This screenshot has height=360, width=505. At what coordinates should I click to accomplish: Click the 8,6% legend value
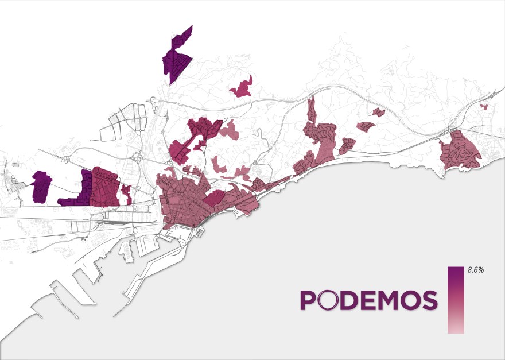(x=476, y=269)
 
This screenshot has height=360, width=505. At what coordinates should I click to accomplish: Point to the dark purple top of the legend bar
(x=456, y=273)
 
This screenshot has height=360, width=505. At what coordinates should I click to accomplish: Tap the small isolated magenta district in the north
(x=242, y=88)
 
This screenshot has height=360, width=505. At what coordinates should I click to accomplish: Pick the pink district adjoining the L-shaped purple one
(x=104, y=187)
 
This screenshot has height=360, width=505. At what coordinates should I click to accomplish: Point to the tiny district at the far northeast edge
(x=483, y=106)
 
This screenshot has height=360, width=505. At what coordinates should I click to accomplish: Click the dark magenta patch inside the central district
(x=213, y=199)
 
